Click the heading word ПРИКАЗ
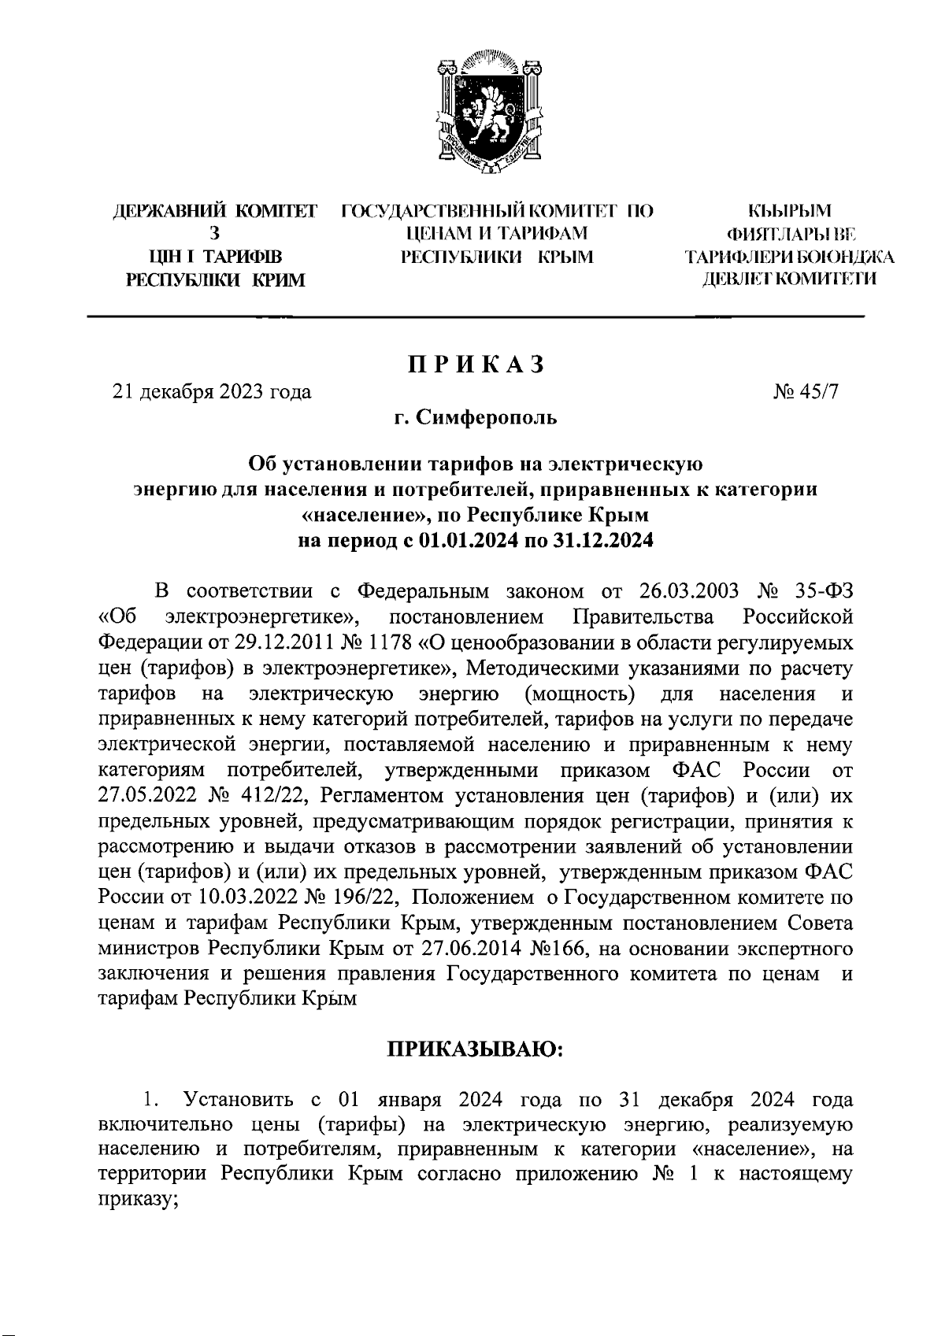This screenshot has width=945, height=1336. [x=475, y=365]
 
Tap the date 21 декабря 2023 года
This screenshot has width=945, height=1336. [x=212, y=391]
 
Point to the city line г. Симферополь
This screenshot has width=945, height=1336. [x=476, y=417]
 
